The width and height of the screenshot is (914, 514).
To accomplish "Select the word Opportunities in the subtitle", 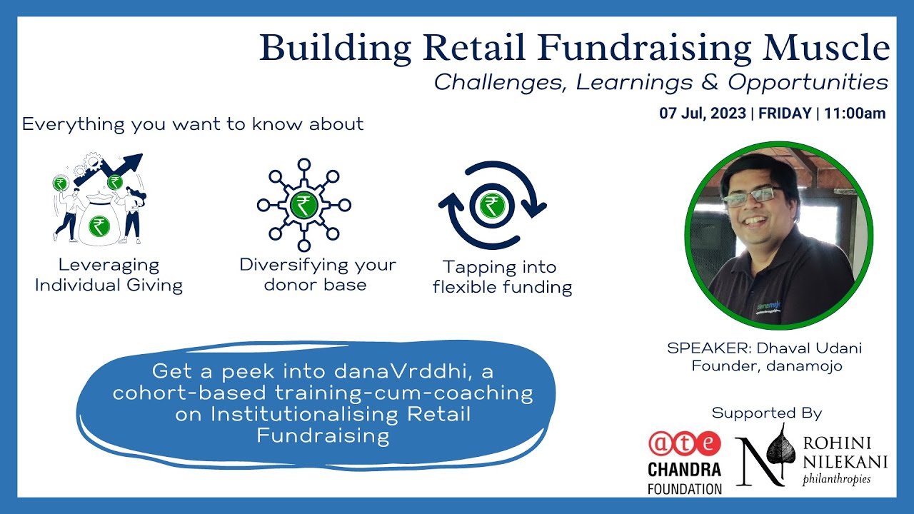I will (808, 82).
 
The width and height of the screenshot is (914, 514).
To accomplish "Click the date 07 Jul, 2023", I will (703, 114).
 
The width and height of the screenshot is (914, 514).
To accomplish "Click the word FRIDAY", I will (785, 114).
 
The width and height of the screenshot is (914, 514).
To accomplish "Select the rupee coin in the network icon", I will (303, 205).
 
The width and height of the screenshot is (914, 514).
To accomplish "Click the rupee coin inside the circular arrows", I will (491, 205).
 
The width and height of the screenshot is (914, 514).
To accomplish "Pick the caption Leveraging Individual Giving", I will (109, 276).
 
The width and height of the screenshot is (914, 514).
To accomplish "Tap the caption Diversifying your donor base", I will (317, 275).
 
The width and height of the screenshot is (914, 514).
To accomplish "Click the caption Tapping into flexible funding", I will (502, 278).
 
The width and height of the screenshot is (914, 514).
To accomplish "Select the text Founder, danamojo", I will (766, 366).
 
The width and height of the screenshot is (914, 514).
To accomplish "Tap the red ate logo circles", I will (683, 443).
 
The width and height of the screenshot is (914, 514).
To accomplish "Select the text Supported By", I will (766, 413).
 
